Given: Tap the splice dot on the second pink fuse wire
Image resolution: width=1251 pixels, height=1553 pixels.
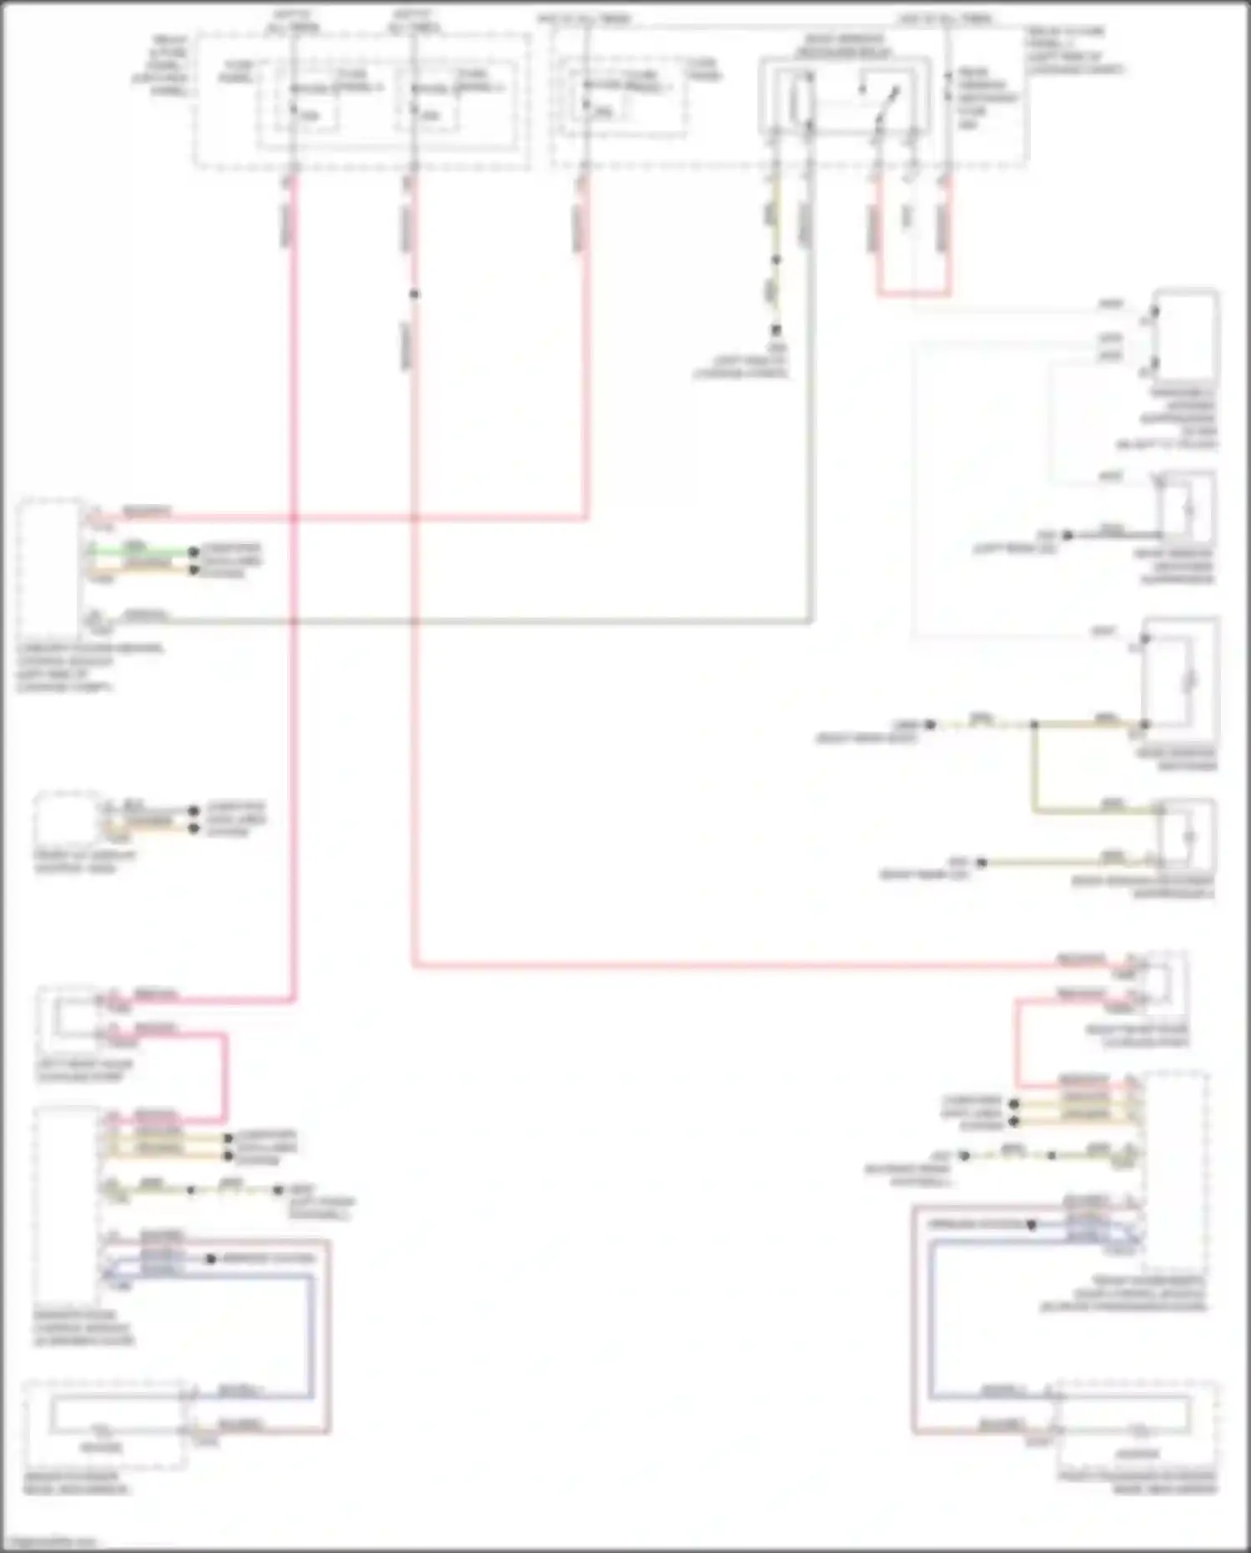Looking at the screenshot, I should pyautogui.click(x=414, y=294).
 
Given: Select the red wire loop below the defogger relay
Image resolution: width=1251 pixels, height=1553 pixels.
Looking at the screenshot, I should pyautogui.click(x=913, y=293).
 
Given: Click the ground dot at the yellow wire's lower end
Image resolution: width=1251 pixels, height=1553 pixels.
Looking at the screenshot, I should pyautogui.click(x=776, y=330).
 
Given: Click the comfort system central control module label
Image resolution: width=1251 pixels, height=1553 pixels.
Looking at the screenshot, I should pyautogui.click(x=88, y=668).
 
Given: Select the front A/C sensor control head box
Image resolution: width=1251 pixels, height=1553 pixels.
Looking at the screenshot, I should pyautogui.click(x=65, y=822).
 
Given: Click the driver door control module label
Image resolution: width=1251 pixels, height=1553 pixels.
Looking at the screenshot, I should pyautogui.click(x=82, y=1328).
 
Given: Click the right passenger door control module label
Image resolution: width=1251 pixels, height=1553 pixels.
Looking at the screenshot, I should pyautogui.click(x=1122, y=1293).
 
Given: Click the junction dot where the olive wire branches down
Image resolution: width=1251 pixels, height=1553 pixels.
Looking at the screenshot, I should pyautogui.click(x=1033, y=725).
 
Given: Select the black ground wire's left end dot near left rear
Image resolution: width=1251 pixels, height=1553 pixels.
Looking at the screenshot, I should pyautogui.click(x=1068, y=535).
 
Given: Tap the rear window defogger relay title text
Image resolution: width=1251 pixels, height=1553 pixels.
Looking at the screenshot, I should pyautogui.click(x=842, y=46).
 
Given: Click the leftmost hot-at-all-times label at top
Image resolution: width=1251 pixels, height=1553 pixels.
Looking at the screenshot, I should pyautogui.click(x=291, y=22).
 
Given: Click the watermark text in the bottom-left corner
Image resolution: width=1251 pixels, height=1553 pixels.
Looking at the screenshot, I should pyautogui.click(x=50, y=1542).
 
